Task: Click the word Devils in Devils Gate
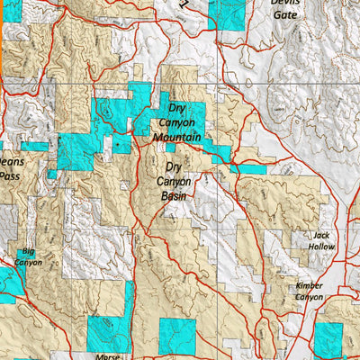pos(284,3)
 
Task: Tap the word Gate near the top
pos(284,14)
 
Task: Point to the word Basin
pos(174,195)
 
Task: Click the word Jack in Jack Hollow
pos(323,236)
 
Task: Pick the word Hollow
pos(321,247)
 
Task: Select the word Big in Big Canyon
pos(29,252)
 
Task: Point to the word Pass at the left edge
pos(8,177)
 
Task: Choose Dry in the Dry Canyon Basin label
pos(174,166)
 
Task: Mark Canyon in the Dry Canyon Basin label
pos(174,181)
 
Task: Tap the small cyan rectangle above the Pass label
pos(34,146)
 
